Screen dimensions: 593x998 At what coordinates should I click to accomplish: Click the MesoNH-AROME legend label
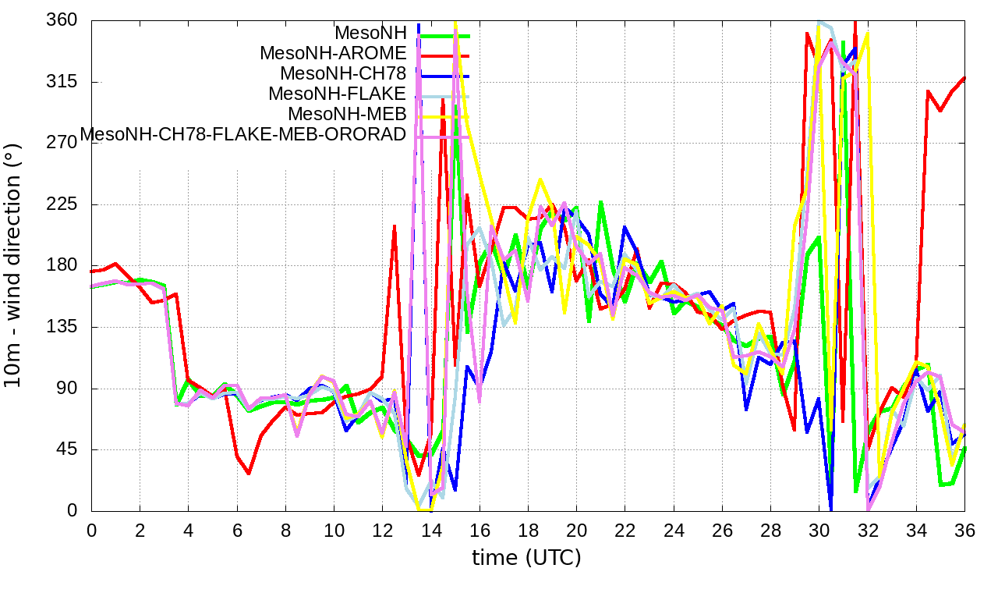click(333, 53)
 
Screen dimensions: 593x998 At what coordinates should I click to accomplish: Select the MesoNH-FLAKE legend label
click(337, 94)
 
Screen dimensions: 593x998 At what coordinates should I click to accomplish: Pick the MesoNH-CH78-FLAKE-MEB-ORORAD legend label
click(243, 134)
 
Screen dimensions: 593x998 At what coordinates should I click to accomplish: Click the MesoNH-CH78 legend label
click(343, 73)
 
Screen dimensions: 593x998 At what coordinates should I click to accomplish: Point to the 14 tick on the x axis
click(430, 529)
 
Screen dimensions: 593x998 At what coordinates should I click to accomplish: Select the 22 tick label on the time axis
click(625, 529)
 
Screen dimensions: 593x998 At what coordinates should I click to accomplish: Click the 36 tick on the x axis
click(964, 529)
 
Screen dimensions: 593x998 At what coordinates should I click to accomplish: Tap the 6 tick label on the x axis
click(237, 529)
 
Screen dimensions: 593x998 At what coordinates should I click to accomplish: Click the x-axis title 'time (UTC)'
click(526, 558)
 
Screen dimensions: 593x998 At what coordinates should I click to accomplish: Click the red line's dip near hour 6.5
click(249, 474)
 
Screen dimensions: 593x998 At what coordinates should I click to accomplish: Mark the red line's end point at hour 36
click(964, 78)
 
